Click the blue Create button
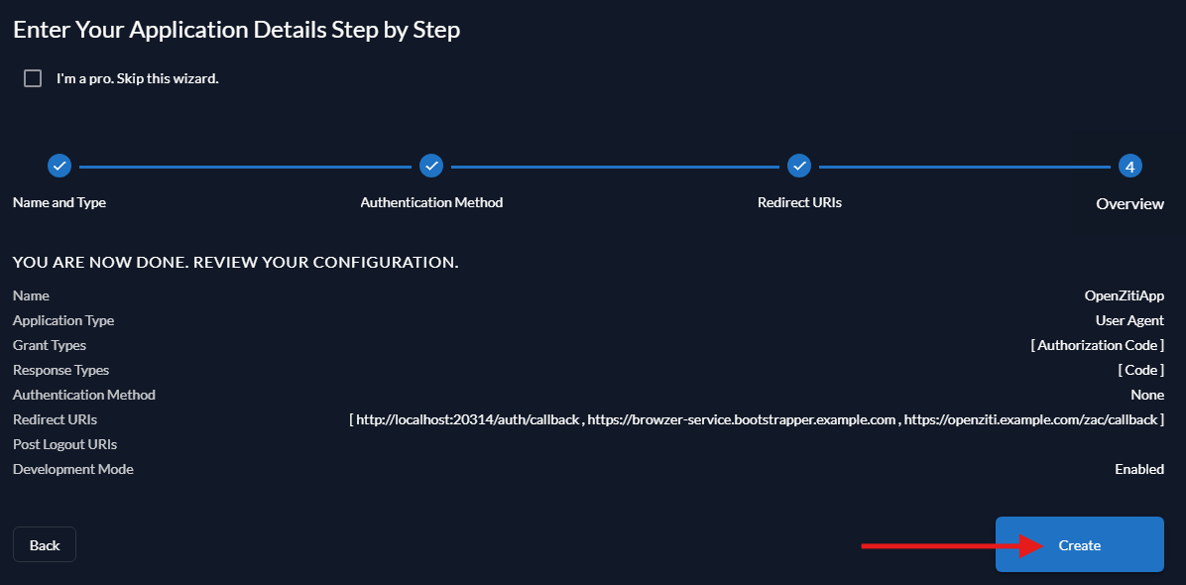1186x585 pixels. click(1079, 544)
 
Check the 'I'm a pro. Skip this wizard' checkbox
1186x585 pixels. click(33, 78)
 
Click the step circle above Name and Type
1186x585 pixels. click(59, 166)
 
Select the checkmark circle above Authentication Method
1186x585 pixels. click(431, 166)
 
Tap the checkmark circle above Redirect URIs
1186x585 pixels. click(799, 166)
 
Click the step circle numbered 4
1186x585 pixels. click(1129, 166)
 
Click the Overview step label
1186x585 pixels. click(1129, 203)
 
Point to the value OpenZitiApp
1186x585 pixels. click(1124, 295)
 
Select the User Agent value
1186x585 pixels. click(1129, 320)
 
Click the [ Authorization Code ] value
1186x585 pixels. click(1097, 345)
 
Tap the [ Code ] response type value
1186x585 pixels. click(1140, 370)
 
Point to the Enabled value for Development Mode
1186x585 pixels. click(1138, 469)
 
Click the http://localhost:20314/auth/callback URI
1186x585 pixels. click(467, 419)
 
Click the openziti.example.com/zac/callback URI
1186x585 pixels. click(1030, 419)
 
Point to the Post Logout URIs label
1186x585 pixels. click(64, 444)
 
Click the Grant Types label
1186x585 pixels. click(50, 345)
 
